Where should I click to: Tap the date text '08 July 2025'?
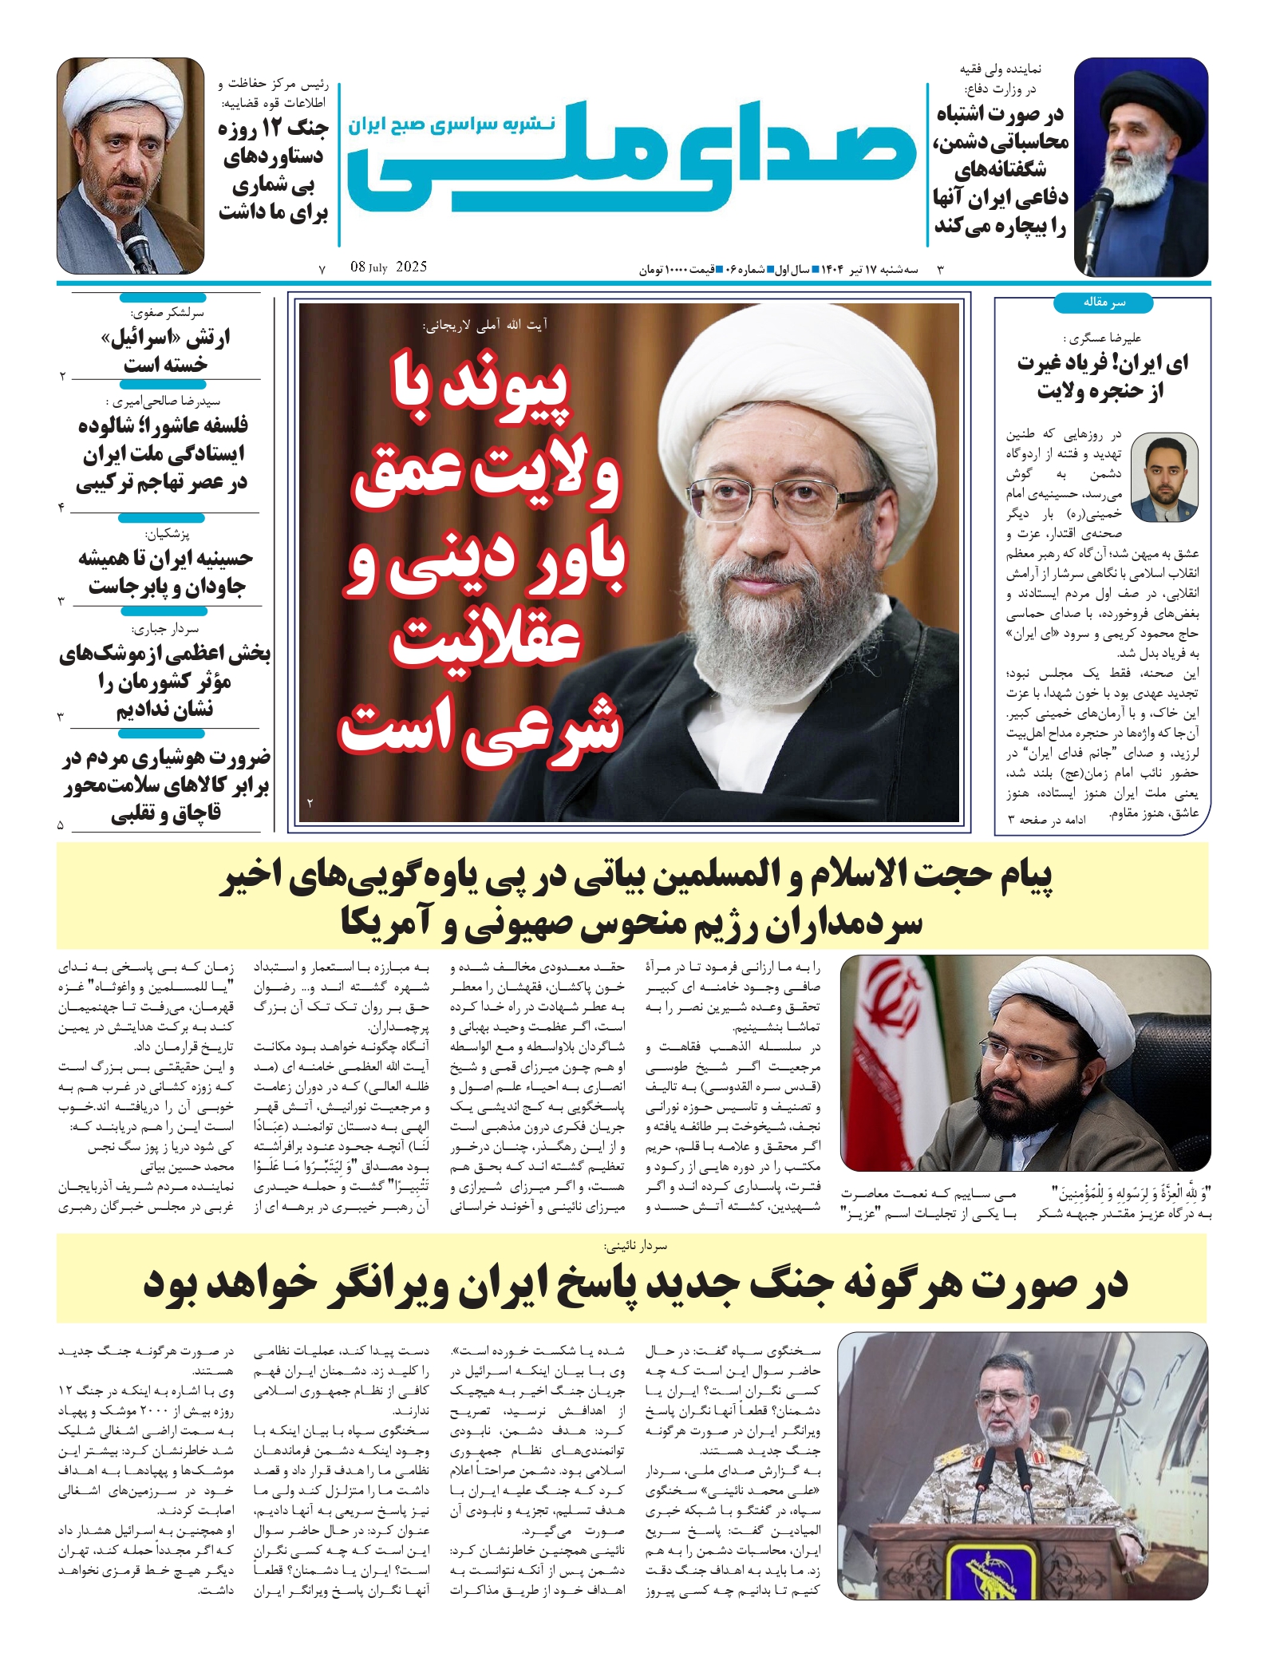pyautogui.click(x=388, y=267)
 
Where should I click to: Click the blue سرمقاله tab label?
pyautogui.click(x=1103, y=303)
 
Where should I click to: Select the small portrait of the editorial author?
pyautogui.click(x=1164, y=477)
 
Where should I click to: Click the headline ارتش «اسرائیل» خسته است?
pyautogui.click(x=165, y=351)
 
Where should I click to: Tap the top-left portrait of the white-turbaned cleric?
pyautogui.click(x=130, y=165)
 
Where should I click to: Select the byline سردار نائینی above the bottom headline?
pyautogui.click(x=635, y=1245)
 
